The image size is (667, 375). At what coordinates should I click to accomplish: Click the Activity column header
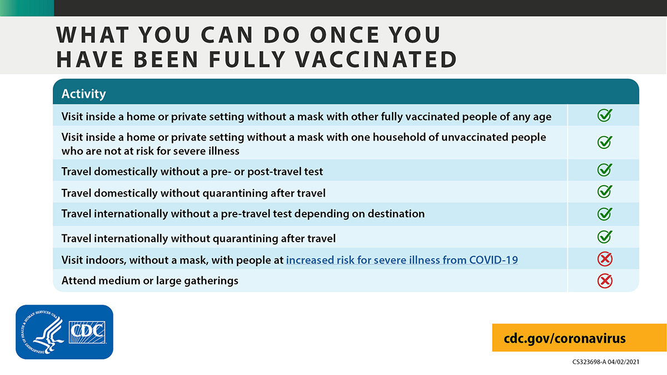[83, 94]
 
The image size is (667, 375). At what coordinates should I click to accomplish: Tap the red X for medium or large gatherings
[604, 281]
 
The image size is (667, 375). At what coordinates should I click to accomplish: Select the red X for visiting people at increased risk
[604, 259]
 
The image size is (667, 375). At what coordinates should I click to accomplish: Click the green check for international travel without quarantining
[604, 237]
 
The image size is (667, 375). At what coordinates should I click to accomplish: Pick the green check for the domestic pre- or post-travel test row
[604, 170]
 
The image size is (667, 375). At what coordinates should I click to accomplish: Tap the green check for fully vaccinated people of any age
[604, 116]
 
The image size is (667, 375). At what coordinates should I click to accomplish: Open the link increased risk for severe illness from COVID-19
[402, 259]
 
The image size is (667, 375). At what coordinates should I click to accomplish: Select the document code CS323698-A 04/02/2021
[606, 362]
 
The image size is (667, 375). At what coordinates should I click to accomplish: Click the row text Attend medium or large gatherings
[150, 281]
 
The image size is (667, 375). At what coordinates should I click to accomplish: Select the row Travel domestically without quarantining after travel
[193, 193]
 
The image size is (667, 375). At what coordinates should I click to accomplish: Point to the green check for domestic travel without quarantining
[604, 192]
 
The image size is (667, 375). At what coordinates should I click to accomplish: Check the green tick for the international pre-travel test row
[604, 213]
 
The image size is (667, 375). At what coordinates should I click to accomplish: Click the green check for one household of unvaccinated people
[604, 142]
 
